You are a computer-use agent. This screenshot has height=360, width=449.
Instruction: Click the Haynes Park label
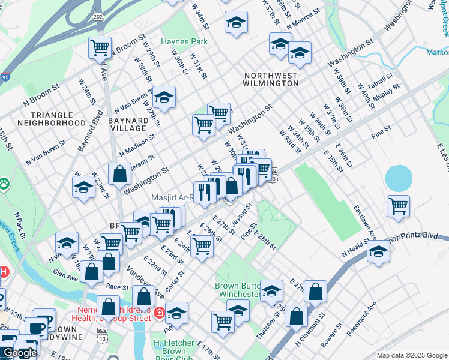tap(184, 42)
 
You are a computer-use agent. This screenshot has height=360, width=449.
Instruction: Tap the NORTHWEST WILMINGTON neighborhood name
tap(271, 79)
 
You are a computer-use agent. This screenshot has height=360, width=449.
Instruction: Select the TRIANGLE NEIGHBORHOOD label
tap(52, 118)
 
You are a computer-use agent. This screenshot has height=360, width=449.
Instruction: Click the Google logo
tap(20, 353)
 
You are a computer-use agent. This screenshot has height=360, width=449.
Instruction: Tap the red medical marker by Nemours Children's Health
tap(159, 313)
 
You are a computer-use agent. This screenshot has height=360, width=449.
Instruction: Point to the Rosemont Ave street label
tap(364, 315)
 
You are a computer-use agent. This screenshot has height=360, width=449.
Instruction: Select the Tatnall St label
tap(381, 81)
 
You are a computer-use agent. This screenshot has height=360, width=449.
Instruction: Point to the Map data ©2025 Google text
tap(411, 355)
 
